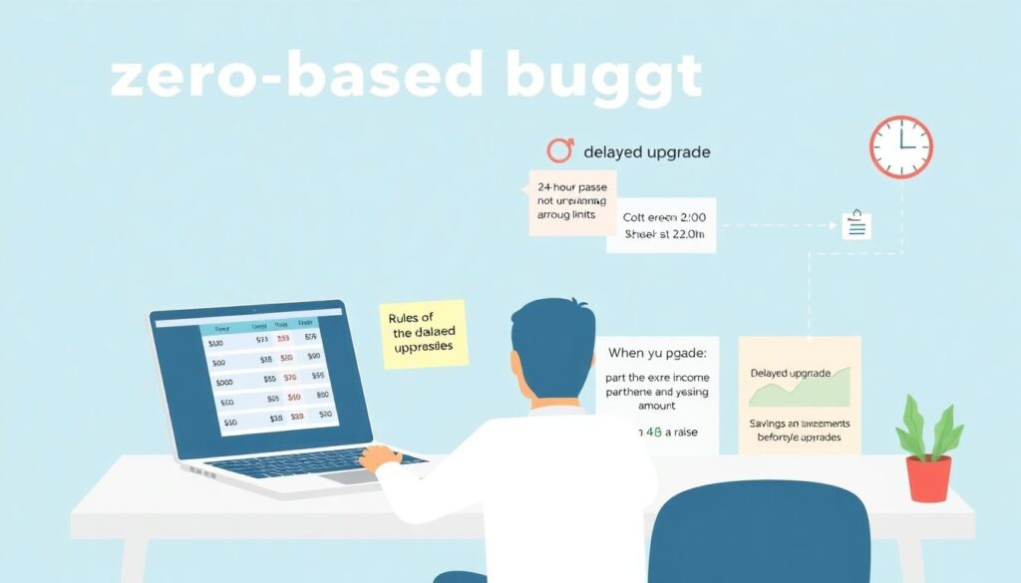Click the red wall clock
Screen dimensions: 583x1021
tap(900, 146)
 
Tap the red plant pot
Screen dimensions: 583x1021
tap(928, 478)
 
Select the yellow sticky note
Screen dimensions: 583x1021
tap(424, 334)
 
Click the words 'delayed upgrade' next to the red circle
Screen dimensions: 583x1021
tap(647, 152)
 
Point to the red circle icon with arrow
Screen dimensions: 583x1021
tap(560, 150)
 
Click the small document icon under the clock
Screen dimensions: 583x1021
tap(855, 225)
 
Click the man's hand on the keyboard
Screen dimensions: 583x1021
tap(381, 457)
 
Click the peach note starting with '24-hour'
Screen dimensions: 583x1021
tap(571, 202)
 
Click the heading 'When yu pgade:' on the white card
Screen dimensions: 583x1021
tap(656, 352)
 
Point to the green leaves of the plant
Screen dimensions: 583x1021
tap(929, 427)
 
